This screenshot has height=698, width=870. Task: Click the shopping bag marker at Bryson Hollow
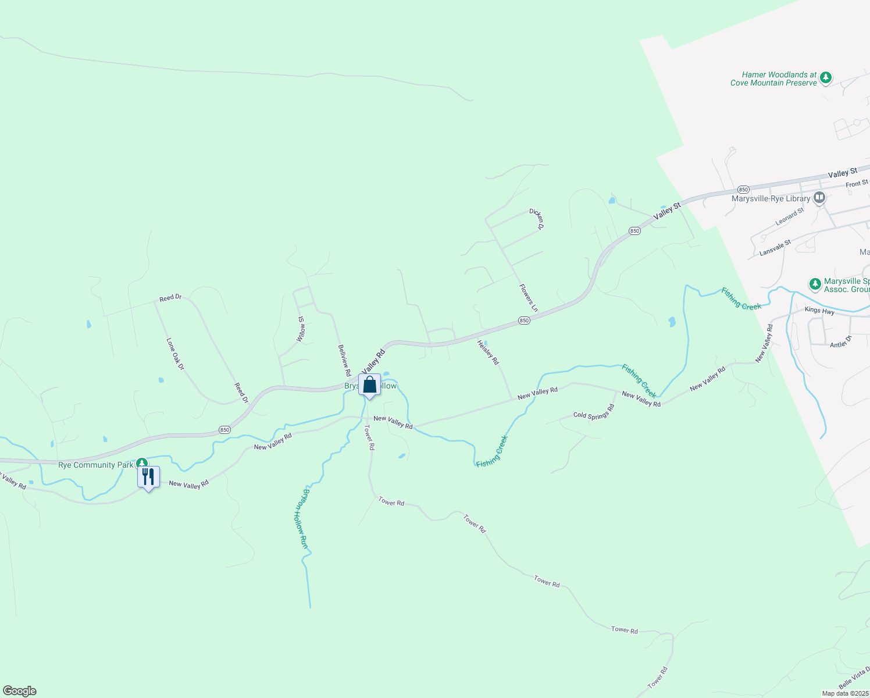click(x=369, y=385)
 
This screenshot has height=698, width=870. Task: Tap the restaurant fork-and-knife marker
click(x=148, y=478)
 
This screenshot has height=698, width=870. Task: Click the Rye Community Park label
click(x=96, y=465)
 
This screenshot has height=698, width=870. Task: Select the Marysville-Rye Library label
click(x=771, y=199)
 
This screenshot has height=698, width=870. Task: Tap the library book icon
click(x=819, y=198)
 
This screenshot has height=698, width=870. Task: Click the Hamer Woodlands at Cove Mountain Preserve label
click(x=774, y=79)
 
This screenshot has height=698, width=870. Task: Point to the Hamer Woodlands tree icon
click(x=825, y=78)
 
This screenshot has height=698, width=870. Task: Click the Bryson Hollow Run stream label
click(x=303, y=518)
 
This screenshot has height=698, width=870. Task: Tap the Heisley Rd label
click(x=488, y=352)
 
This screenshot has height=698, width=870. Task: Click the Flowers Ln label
click(x=529, y=298)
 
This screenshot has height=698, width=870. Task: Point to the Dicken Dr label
click(x=536, y=219)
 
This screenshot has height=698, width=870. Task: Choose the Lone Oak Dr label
click(x=175, y=354)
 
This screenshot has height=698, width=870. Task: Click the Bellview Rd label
click(x=344, y=360)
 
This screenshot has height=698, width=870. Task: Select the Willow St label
click(x=301, y=329)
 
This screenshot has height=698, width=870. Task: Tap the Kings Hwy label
click(x=819, y=311)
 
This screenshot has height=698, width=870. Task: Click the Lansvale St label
click(x=775, y=248)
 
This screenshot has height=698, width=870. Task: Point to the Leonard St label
click(x=789, y=217)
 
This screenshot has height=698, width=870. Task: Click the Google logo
click(x=19, y=691)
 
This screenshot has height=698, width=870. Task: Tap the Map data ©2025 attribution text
click(x=844, y=693)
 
